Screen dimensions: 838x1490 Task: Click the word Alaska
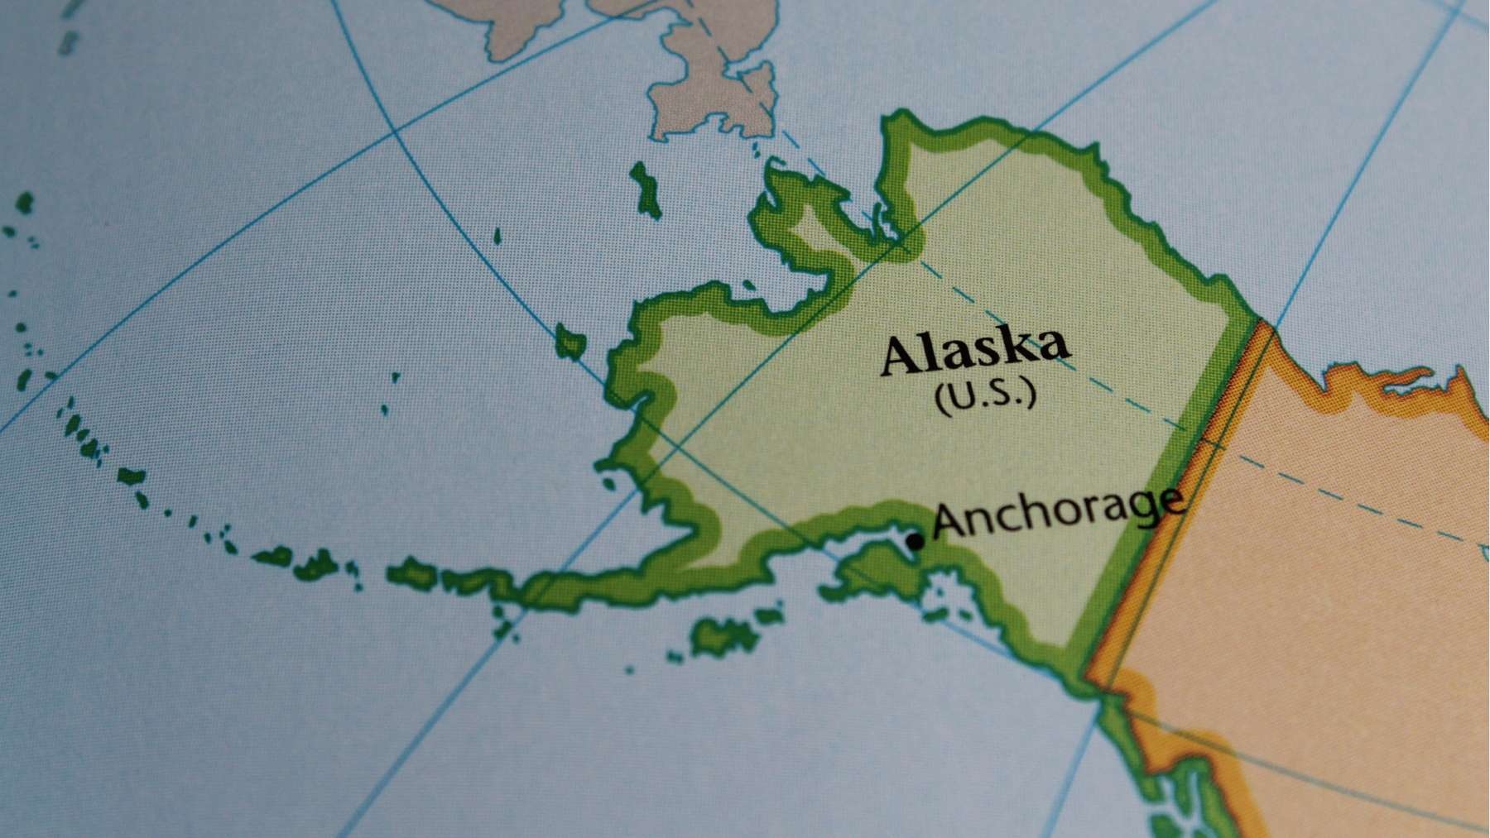(x=974, y=351)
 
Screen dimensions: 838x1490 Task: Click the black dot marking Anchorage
(x=915, y=542)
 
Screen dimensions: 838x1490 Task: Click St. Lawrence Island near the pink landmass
(x=645, y=189)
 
